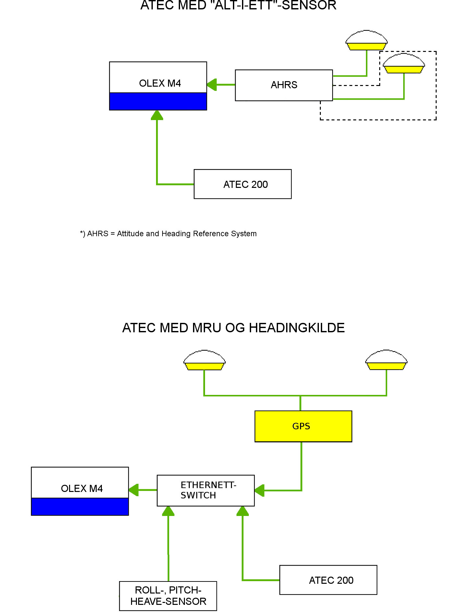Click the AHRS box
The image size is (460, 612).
[x=284, y=85]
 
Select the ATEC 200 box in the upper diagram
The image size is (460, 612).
[x=243, y=184]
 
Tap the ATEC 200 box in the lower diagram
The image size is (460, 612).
[x=328, y=580]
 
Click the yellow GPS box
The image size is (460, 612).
[x=303, y=426]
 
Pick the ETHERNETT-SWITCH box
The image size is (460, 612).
[x=206, y=490]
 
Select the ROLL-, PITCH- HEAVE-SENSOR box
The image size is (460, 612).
[x=168, y=596]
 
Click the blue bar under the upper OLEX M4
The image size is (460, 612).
[x=158, y=101]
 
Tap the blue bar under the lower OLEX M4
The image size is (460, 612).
[x=80, y=507]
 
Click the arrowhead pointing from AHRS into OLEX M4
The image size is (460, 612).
[x=212, y=85]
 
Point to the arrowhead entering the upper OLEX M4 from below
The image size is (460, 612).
[x=157, y=115]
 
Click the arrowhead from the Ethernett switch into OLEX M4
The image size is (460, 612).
[x=134, y=490]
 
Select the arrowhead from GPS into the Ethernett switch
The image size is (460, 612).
[x=260, y=490]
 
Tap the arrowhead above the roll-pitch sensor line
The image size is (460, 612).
[x=168, y=511]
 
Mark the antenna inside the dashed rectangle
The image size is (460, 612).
[x=404, y=63]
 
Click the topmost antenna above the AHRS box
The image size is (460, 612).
[x=367, y=40]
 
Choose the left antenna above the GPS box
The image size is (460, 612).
[x=204, y=360]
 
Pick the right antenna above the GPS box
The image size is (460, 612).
[x=386, y=360]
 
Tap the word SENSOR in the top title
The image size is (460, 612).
[x=309, y=5]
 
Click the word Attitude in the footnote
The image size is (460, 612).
[x=130, y=234]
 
